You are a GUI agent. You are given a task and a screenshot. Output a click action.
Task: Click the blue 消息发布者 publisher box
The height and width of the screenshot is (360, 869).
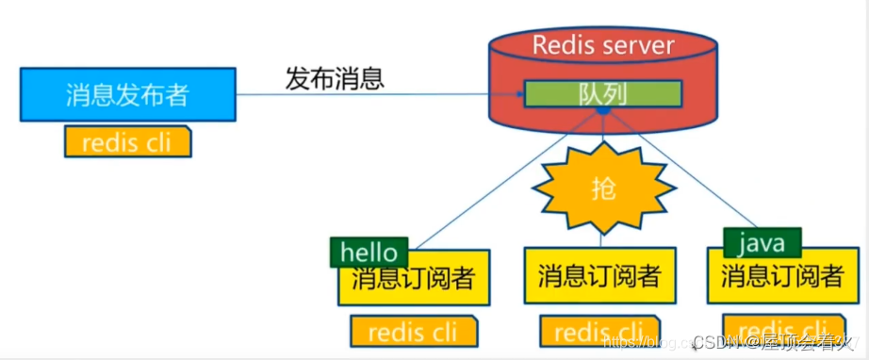pyautogui.click(x=127, y=94)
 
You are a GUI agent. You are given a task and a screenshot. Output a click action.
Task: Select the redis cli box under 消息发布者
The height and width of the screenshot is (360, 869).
pyautogui.click(x=127, y=142)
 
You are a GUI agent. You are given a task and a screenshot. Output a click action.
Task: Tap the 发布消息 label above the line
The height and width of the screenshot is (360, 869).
pyautogui.click(x=335, y=77)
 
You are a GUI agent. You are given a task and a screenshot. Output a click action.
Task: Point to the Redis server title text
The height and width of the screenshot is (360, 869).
pyautogui.click(x=602, y=44)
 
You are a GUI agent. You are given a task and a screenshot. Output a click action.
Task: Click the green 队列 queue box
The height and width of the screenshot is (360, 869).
pyautogui.click(x=602, y=93)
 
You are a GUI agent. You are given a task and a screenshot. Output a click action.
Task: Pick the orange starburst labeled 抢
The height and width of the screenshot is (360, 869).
pyautogui.click(x=604, y=188)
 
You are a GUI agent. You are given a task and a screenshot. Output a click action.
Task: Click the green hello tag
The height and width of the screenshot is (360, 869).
pyautogui.click(x=369, y=253)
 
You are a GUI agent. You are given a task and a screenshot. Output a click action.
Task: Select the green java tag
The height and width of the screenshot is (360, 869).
pyautogui.click(x=762, y=243)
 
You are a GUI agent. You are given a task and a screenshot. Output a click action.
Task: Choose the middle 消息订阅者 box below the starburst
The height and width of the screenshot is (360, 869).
pyautogui.click(x=599, y=277)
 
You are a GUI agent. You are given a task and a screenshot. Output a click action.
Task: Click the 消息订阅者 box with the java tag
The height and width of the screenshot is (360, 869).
pyautogui.click(x=782, y=277)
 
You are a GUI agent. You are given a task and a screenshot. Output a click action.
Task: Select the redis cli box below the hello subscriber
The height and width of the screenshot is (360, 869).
pyautogui.click(x=414, y=332)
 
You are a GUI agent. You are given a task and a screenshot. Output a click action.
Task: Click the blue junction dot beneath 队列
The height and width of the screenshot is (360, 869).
pyautogui.click(x=603, y=111)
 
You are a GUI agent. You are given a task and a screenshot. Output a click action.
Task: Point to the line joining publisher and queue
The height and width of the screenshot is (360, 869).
pyautogui.click(x=377, y=94)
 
